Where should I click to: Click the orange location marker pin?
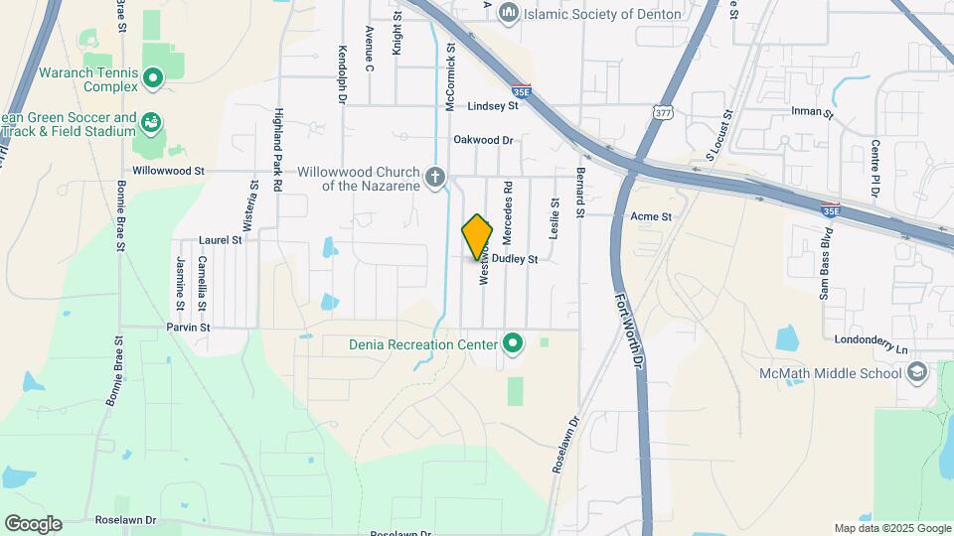click(x=477, y=237)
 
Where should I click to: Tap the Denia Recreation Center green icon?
click(x=513, y=344)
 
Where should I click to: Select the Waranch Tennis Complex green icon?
click(x=152, y=77)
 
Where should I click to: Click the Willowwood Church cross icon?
click(x=434, y=178)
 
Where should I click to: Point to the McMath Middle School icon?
click(x=917, y=372)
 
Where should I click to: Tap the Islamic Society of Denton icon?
click(x=510, y=13)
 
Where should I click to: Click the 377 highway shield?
click(x=663, y=112)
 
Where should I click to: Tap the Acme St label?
click(x=651, y=215)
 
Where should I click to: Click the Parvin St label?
click(x=189, y=327)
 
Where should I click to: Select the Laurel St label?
click(x=221, y=240)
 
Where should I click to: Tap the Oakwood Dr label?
click(x=483, y=140)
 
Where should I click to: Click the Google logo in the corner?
click(x=33, y=523)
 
